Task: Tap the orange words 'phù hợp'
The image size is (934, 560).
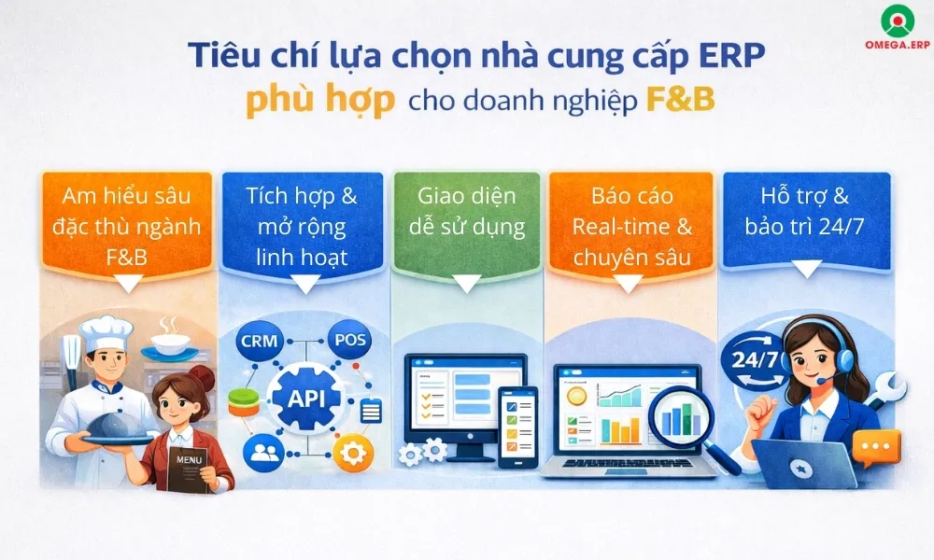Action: click(319, 101)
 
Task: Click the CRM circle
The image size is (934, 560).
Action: click(259, 340)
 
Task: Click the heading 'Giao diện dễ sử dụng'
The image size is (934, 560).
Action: click(466, 210)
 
